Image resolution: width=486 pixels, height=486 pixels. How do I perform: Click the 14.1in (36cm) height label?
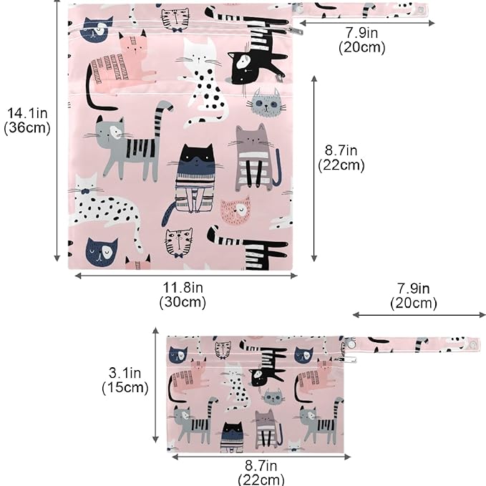click(x=27, y=120)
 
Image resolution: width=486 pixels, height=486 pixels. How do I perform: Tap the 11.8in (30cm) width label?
click(x=183, y=295)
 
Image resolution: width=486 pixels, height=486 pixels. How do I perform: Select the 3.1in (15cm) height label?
click(x=125, y=380)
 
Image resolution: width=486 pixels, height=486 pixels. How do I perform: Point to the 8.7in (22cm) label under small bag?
click(x=261, y=472)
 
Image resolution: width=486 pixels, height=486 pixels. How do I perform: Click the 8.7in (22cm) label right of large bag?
click(x=341, y=157)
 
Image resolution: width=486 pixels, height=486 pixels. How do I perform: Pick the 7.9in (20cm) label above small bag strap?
click(x=414, y=296)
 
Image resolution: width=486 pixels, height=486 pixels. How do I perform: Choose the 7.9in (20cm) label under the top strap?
click(x=361, y=40)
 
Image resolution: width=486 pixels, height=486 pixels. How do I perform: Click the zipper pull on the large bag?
click(x=295, y=30)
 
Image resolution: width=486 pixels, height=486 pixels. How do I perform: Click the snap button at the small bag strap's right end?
click(x=473, y=344)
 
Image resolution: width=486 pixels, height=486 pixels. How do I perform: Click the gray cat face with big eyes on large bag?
click(x=266, y=103)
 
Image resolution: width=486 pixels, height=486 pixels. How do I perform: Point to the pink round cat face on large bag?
click(x=235, y=210)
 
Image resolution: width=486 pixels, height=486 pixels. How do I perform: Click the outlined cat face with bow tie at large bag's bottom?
click(x=178, y=243)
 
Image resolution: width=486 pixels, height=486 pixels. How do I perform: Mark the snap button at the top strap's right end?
click(x=422, y=9)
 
